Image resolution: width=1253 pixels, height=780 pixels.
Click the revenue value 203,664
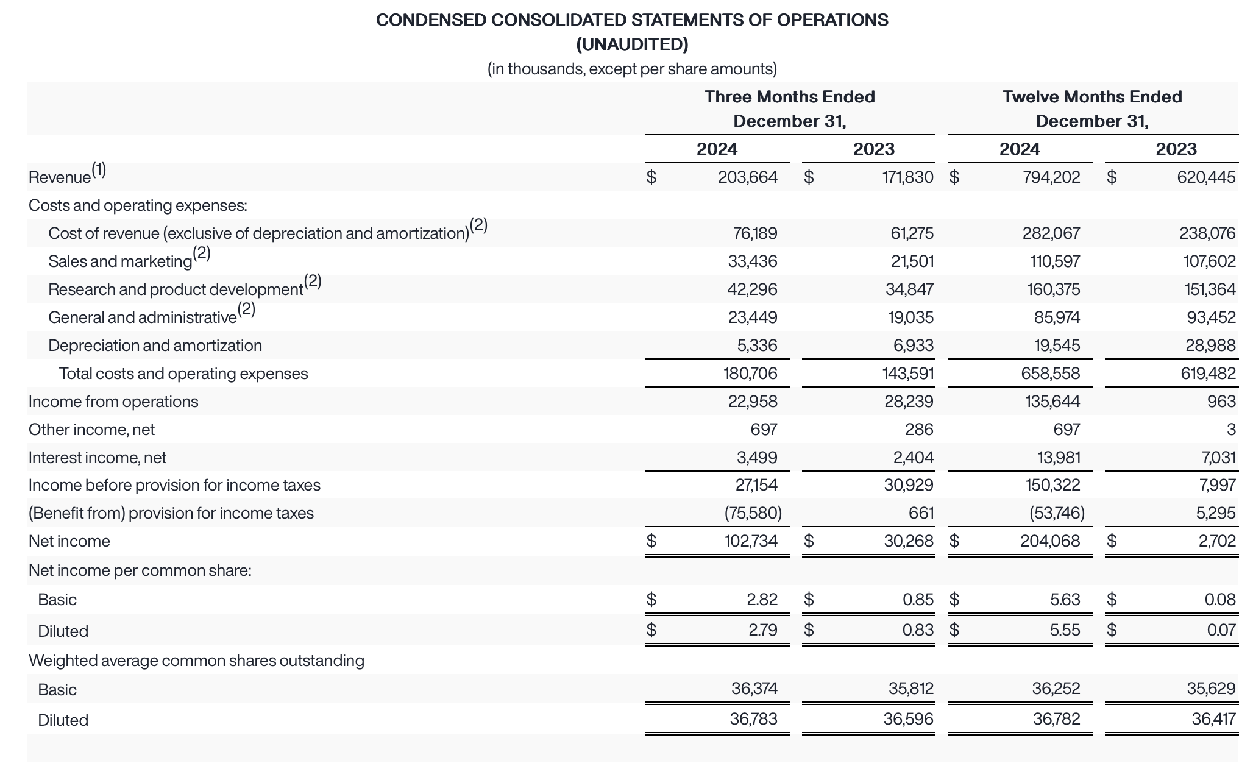(747, 177)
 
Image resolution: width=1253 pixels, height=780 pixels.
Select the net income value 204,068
(1049, 541)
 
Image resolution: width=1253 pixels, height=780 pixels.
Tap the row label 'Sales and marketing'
(120, 261)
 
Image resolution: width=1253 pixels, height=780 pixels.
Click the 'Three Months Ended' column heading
(789, 97)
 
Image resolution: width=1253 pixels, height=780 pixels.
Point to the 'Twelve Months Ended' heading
(1091, 97)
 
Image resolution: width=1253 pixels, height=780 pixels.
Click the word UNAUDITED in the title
(632, 44)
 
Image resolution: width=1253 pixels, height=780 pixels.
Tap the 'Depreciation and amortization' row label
(155, 346)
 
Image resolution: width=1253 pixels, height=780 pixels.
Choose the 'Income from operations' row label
(113, 402)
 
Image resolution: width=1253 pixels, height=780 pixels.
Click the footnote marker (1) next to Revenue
(99, 170)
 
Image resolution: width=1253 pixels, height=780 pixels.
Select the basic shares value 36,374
(754, 689)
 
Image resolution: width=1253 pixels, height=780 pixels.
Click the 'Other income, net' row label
(91, 430)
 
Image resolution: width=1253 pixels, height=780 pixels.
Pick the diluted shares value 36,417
(1213, 719)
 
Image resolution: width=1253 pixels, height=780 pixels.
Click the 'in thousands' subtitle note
(632, 69)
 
